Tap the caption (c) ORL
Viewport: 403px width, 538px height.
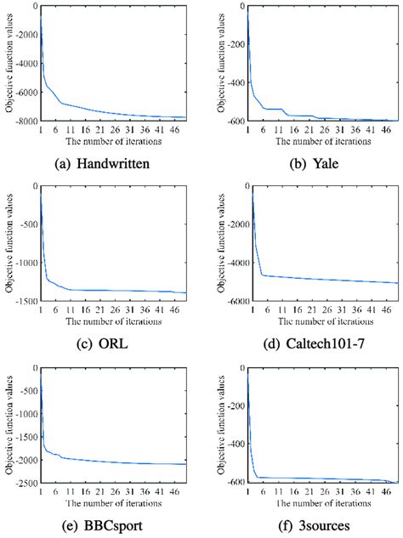(x=100, y=342)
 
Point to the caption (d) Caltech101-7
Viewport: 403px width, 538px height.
(x=305, y=342)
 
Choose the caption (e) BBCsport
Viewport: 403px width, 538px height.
(x=100, y=524)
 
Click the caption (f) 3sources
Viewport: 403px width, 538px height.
(x=305, y=524)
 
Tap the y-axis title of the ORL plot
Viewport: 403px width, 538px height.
(x=9, y=243)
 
